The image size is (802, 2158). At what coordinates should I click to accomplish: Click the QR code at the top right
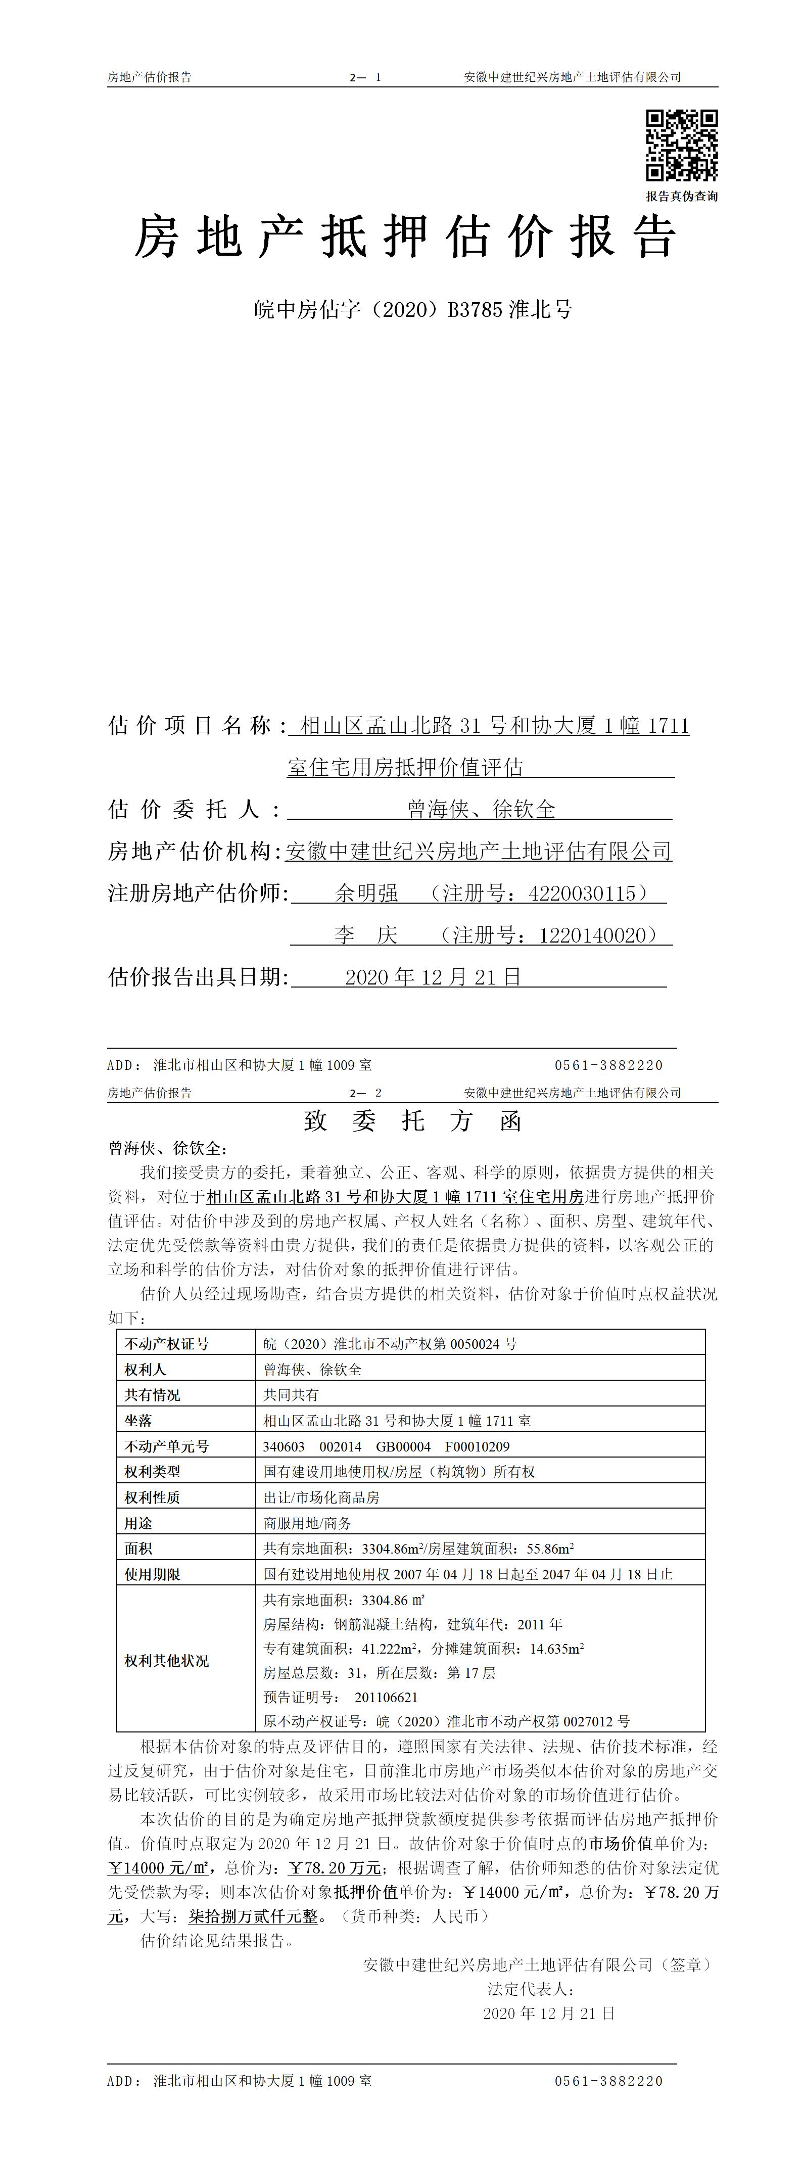[681, 145]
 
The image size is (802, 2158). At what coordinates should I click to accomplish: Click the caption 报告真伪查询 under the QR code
[681, 196]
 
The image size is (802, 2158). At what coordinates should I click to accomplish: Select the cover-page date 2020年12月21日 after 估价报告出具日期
[433, 976]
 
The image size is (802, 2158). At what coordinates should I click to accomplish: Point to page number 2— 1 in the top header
[366, 77]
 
